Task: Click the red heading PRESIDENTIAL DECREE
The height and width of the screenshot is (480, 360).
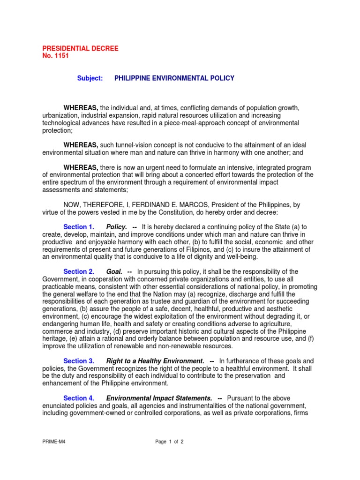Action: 80,48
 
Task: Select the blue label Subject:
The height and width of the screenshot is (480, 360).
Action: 90,78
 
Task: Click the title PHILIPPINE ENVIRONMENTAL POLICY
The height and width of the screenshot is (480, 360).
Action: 174,78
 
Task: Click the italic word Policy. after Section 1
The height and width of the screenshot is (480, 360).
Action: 117,227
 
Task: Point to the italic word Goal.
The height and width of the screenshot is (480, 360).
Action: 114,271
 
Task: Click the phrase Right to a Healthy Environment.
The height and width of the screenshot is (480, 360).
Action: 155,361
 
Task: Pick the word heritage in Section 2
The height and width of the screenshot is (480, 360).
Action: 54,339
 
